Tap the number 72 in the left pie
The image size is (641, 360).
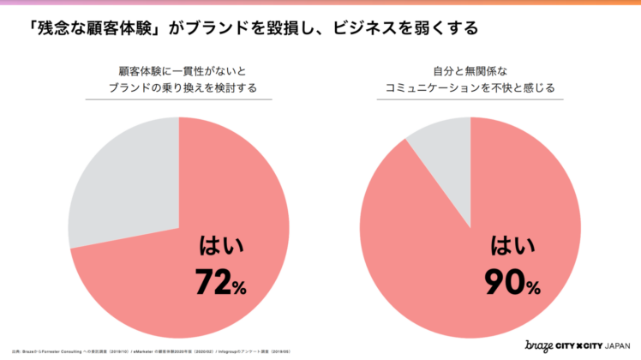tap(214, 281)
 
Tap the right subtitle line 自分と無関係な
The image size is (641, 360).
tap(470, 70)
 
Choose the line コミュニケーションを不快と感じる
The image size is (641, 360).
tap(470, 87)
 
